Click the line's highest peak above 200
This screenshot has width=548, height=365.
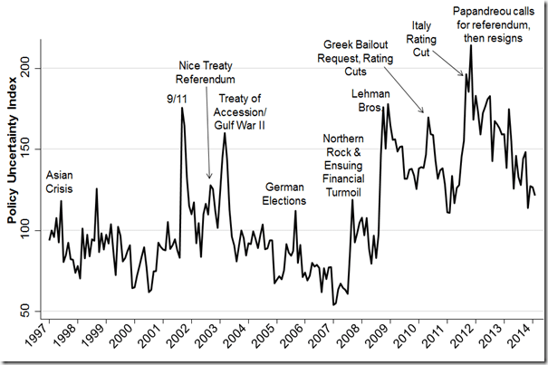pos(471,46)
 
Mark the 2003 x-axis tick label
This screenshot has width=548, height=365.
pos(205,341)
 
